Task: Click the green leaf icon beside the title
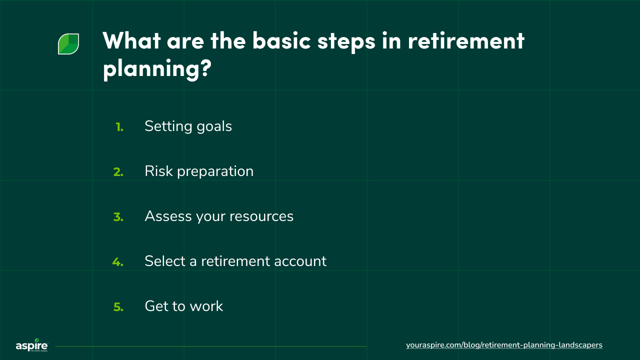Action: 68,44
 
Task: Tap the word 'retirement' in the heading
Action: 466,40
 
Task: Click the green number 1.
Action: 119,127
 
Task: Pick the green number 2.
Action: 118,172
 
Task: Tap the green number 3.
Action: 118,217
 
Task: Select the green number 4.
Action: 118,262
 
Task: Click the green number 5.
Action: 118,307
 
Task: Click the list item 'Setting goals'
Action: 188,126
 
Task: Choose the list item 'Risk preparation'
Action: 199,171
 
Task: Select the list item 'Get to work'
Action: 183,306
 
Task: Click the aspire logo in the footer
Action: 31,345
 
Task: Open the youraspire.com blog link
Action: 504,345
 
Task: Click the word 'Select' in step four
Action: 163,261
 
